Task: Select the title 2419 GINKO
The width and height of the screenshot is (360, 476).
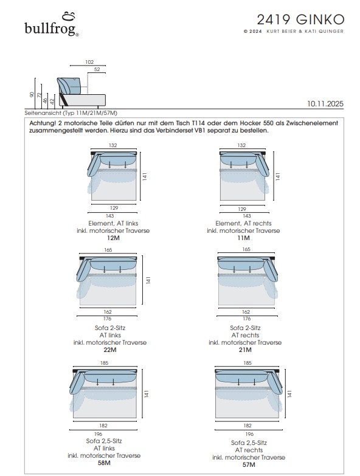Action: tap(300, 19)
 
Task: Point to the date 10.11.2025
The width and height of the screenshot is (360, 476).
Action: tap(325, 104)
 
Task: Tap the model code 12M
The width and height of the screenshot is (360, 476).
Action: tap(113, 238)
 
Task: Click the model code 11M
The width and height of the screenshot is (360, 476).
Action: tap(243, 238)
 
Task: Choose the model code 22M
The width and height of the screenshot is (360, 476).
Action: tap(110, 350)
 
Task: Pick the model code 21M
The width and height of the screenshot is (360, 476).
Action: tap(245, 350)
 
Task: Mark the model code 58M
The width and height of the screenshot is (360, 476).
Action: tap(104, 463)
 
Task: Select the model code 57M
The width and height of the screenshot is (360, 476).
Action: tap(249, 465)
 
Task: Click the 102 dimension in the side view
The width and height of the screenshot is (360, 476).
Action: tap(89, 62)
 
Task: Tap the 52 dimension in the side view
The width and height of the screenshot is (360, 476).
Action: tap(97, 69)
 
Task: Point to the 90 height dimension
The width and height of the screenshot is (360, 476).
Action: tap(32, 95)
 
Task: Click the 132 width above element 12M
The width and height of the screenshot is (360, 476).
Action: tap(113, 145)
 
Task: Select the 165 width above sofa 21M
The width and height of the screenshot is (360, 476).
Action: tap(246, 249)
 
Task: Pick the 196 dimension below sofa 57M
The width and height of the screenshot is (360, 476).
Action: tap(249, 434)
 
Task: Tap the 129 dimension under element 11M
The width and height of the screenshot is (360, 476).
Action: tap(242, 209)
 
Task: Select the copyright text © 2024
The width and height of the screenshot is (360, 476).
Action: tap(252, 31)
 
